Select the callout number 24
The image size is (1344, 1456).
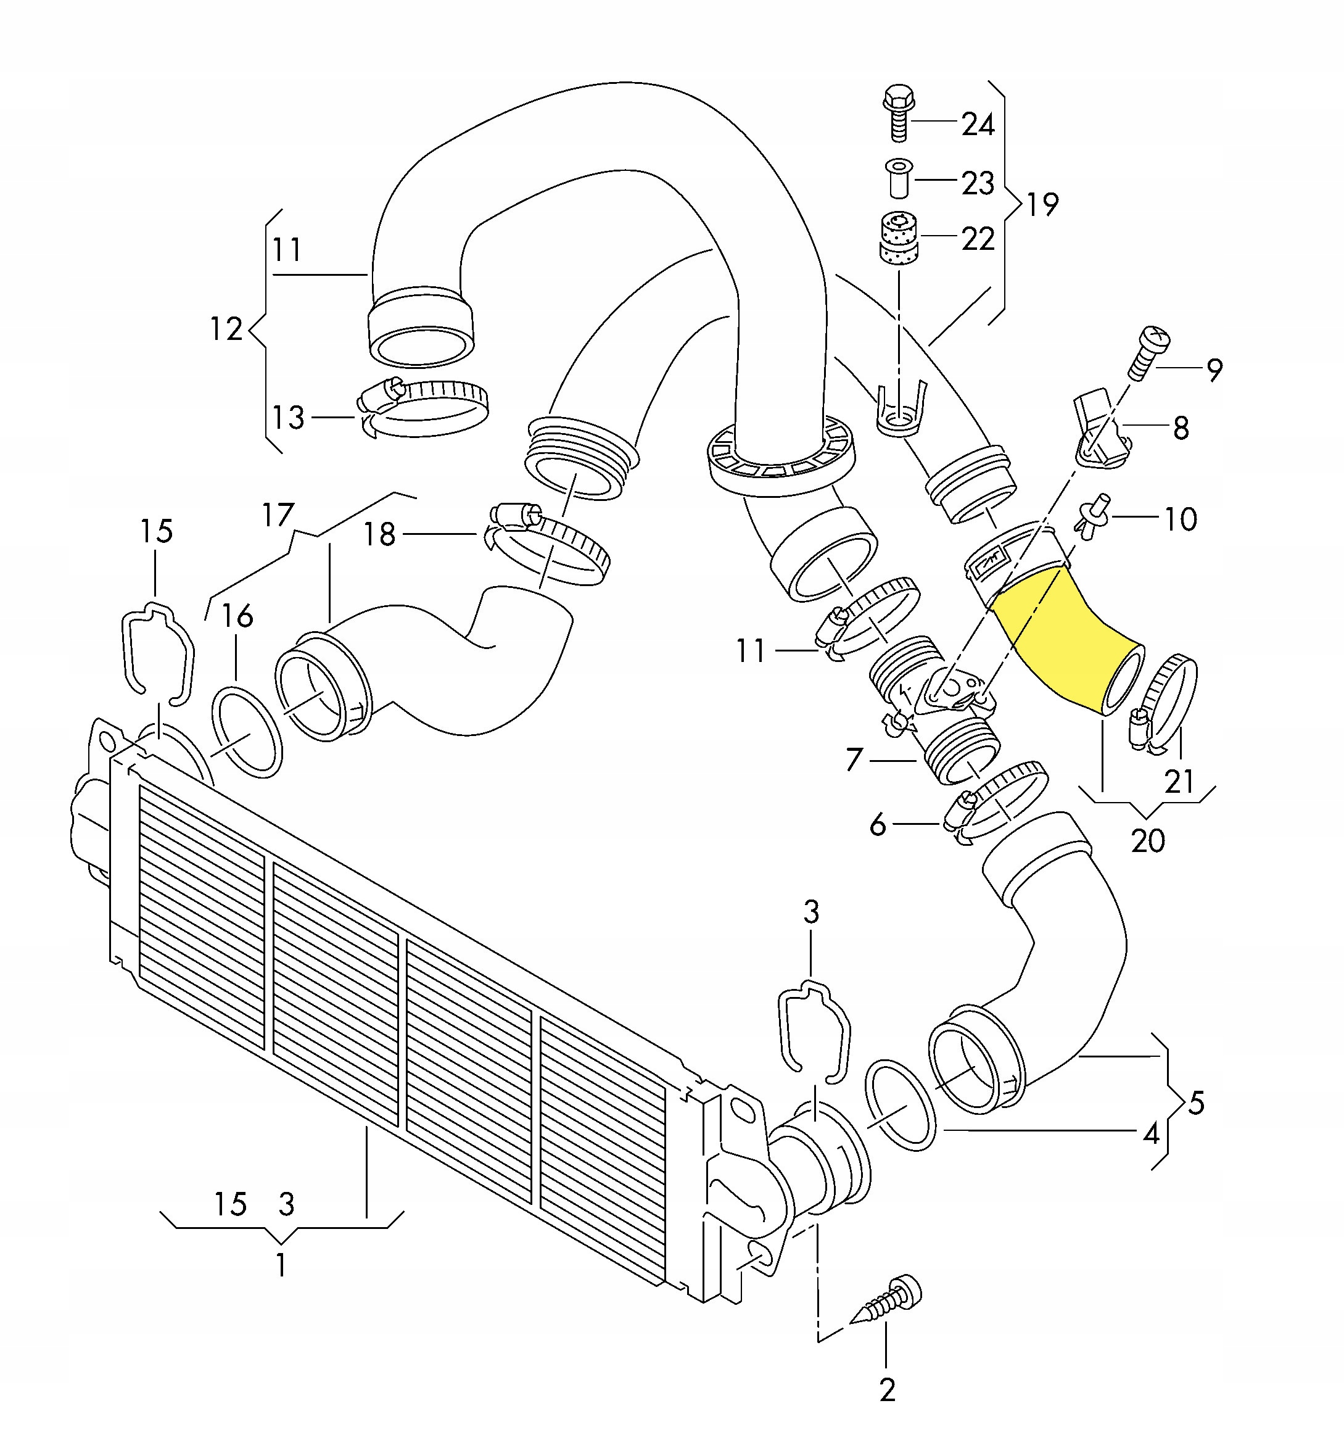click(978, 125)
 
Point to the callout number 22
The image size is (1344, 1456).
click(978, 239)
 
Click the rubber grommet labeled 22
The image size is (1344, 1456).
click(899, 239)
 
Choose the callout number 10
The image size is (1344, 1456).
click(1181, 519)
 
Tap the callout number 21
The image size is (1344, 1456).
click(1179, 782)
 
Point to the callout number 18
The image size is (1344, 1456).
click(379, 534)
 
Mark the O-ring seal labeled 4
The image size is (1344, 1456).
click(901, 1105)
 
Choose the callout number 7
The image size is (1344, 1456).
click(854, 759)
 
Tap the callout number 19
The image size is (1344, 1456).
click(1042, 204)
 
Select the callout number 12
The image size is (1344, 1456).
click(226, 329)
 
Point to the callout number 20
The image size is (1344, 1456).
click(1148, 841)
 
